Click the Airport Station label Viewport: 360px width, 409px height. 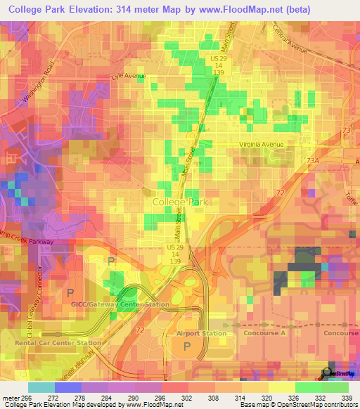200,333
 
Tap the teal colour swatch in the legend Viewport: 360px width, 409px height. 41,387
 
